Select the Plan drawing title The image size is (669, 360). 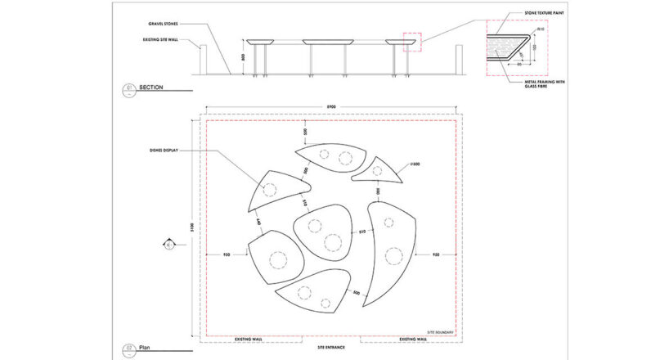point(146,346)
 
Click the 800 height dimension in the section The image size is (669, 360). point(244,58)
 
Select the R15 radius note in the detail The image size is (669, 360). point(541,30)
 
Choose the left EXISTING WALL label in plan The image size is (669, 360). point(249,339)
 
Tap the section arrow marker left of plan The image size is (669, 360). point(168,243)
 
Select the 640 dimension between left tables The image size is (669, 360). point(258,221)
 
